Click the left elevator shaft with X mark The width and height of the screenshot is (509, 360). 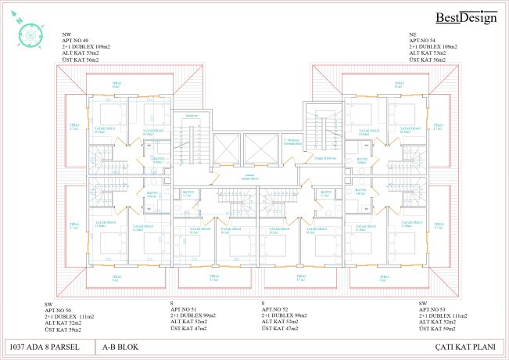(x=224, y=148)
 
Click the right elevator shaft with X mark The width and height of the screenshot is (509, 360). (x=260, y=148)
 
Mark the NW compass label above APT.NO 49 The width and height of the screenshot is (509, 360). (x=66, y=35)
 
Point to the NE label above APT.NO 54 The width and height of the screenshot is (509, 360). (x=412, y=35)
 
